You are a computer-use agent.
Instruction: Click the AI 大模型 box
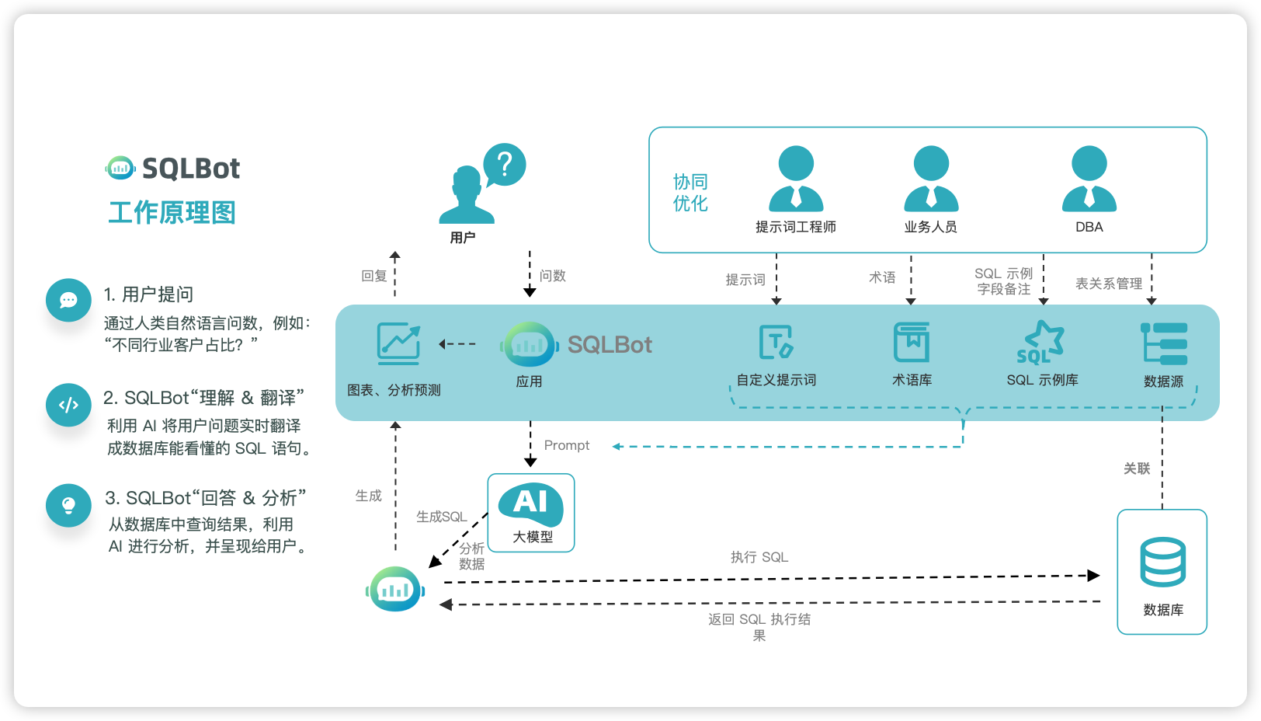(531, 513)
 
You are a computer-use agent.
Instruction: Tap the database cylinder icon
(1162, 562)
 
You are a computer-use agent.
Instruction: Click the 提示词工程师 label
(796, 227)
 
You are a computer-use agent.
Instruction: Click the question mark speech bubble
(505, 165)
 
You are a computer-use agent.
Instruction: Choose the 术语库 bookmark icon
(912, 343)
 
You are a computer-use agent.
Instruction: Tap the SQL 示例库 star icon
(1042, 343)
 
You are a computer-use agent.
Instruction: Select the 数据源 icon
(1164, 343)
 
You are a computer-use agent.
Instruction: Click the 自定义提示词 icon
(776, 343)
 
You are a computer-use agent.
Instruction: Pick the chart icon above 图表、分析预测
(398, 343)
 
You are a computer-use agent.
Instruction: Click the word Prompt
(567, 445)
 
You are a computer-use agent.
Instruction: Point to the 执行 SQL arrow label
(759, 557)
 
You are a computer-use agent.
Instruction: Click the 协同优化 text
(690, 193)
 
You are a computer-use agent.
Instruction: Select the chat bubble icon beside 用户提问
(68, 300)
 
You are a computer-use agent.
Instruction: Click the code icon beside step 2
(68, 405)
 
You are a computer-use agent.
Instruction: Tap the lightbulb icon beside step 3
(68, 505)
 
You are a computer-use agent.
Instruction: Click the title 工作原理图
(172, 213)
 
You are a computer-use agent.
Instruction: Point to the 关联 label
(1137, 468)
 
